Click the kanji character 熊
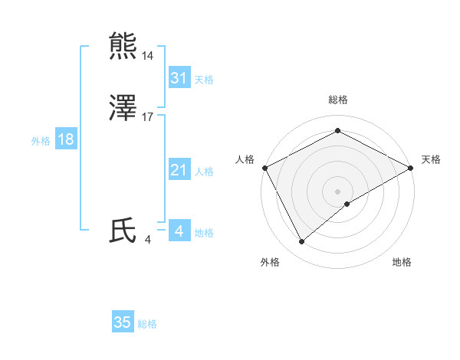124,46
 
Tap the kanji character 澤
124,108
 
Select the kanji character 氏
124,231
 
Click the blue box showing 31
179,78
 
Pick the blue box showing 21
179,170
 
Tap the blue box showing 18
65,139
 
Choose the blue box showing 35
123,322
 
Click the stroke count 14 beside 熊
148,56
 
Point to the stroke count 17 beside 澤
148,117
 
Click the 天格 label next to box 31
204,80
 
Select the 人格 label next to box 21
204,172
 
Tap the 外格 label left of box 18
41,141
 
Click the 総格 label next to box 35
147,324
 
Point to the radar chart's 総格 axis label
337,100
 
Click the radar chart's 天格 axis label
431,159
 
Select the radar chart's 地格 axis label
402,263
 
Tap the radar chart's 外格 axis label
270,263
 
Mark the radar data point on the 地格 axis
347,204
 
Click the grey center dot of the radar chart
337,191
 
